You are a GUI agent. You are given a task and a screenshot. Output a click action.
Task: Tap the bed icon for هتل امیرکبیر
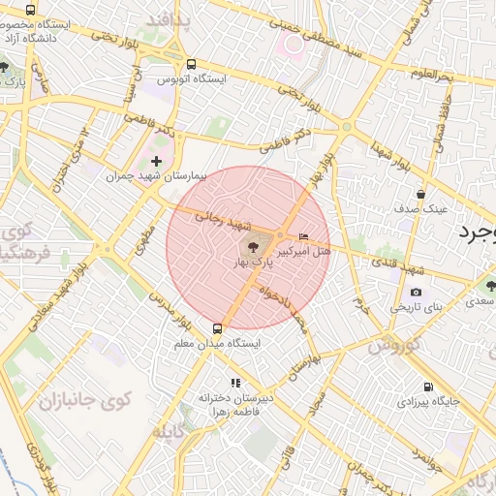click(304, 236)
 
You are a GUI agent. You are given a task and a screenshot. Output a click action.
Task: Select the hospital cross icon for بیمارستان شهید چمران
click(156, 161)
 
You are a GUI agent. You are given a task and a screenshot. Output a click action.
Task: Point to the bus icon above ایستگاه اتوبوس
click(189, 61)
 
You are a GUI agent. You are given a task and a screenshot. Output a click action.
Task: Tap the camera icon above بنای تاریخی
click(416, 293)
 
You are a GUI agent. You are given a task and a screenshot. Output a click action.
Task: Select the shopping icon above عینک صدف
click(420, 194)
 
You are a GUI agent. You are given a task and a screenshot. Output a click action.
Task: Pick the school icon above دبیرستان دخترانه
click(233, 383)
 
